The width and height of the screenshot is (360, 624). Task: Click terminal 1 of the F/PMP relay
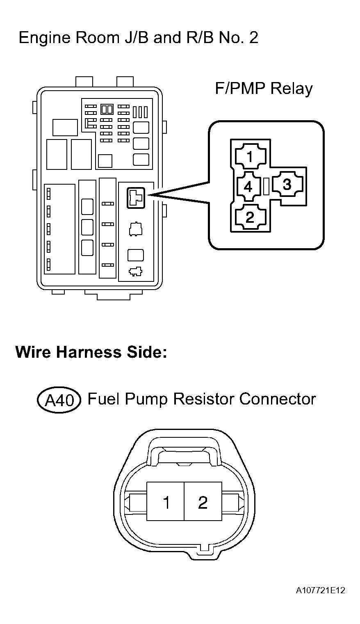click(251, 157)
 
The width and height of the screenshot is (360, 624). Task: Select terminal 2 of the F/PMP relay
click(251, 217)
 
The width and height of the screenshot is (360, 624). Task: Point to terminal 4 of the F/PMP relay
click(248, 186)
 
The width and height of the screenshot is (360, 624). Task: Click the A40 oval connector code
click(59, 400)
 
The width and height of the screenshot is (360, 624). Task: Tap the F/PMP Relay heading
click(264, 89)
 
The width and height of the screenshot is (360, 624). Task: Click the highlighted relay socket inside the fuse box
click(136, 198)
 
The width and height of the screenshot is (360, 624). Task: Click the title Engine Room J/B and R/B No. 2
click(138, 38)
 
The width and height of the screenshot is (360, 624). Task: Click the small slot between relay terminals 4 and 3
click(266, 186)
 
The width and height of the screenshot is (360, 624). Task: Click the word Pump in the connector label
click(146, 400)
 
